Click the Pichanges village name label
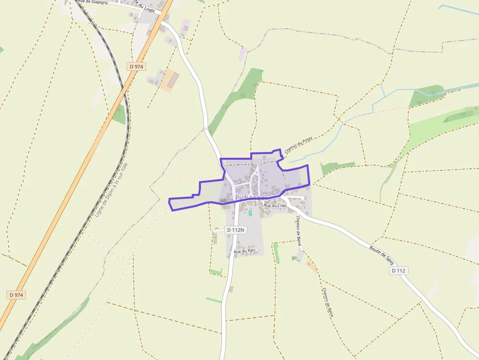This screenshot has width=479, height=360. pos(251,198)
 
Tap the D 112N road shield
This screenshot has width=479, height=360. pos(235,230)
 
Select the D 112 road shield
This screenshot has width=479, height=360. pos(398,271)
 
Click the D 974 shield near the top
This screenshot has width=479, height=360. pos(137,66)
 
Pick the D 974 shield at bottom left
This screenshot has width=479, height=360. pos(16,295)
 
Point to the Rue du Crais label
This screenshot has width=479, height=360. pos(275,206)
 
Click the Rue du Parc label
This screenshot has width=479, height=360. pos(245,252)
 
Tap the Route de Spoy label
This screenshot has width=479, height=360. pos(382,254)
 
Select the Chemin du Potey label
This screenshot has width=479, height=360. pos(298,146)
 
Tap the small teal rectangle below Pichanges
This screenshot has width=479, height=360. pos(250,213)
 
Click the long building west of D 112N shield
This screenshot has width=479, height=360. pos(215,238)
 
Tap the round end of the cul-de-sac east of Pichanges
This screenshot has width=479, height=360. pos(304,198)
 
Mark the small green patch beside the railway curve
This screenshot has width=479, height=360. pos(119,115)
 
